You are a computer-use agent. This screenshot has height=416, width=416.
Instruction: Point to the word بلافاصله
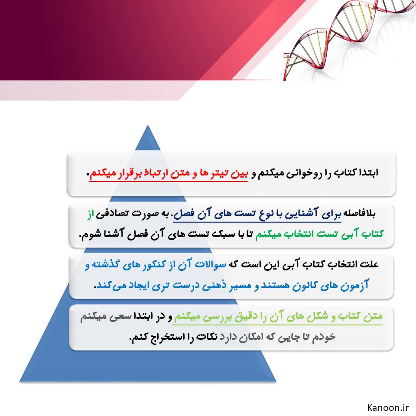(360, 213)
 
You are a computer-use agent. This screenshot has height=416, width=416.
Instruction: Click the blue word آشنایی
(301, 213)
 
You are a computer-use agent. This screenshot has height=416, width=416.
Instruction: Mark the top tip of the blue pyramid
(148, 125)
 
